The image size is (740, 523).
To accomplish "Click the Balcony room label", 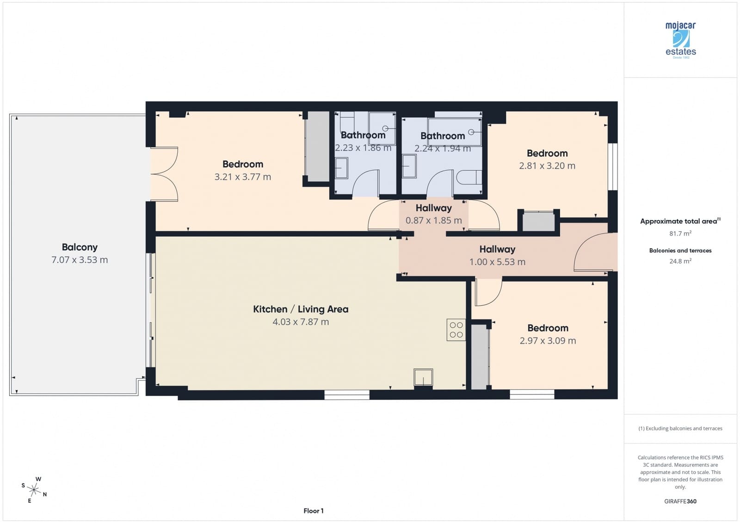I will pos(80,247).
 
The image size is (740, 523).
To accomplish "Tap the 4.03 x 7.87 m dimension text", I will pos(301,322).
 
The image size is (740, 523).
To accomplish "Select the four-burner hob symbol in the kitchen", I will pos(456,330).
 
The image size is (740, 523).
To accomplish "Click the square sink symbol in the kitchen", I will pos(423,377).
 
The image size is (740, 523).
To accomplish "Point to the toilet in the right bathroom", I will pos(468,178).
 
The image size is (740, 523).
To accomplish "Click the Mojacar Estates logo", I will pos(680,40).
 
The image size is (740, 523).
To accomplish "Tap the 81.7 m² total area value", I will pos(680,234).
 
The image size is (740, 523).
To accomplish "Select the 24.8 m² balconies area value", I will pos(680,261).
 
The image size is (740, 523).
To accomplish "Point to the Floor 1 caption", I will pos(314,511).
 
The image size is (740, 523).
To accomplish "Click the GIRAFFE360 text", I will pos(680,501).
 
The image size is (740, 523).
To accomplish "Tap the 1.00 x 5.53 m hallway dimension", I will pos(497,262).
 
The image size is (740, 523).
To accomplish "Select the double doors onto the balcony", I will pos(165,174).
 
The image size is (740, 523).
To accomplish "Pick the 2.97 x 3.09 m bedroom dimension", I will pos(548,341).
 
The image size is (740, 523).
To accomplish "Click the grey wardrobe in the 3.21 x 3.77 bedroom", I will pos(318,146).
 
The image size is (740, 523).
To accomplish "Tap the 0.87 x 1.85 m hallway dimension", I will pos(433,221).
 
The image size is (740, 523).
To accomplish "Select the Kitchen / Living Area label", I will pos(301,309).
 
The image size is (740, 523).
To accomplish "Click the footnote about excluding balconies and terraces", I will pos(680,429).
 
